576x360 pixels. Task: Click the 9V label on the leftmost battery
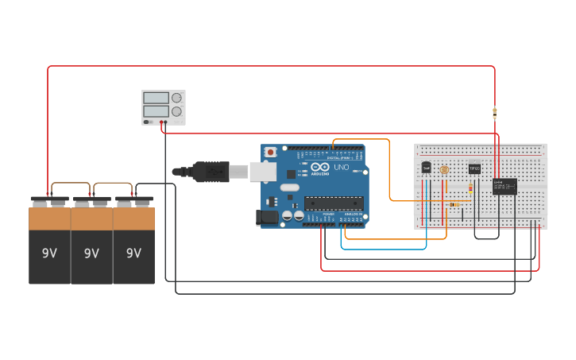(x=49, y=254)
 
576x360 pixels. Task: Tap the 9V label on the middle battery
(x=91, y=254)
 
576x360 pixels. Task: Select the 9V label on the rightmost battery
(x=133, y=254)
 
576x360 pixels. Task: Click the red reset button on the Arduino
(x=271, y=151)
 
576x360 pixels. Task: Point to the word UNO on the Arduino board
(x=340, y=168)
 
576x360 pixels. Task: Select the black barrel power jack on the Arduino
(x=268, y=215)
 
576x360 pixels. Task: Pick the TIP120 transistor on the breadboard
(x=474, y=168)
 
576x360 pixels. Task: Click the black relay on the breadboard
(x=504, y=186)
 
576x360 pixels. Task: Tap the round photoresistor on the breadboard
(x=444, y=170)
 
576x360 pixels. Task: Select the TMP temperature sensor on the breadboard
(x=426, y=168)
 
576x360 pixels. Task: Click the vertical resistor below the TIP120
(x=470, y=188)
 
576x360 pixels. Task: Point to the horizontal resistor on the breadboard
(x=454, y=204)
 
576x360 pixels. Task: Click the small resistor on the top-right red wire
(x=495, y=112)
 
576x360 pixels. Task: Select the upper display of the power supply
(x=155, y=99)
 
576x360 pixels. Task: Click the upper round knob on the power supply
(x=176, y=99)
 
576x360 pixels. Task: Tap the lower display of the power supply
(x=155, y=111)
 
